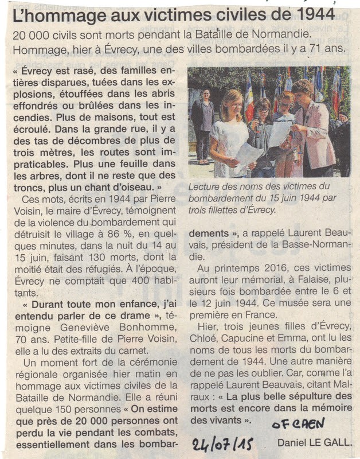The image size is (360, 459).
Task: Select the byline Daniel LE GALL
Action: click(x=315, y=442)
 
